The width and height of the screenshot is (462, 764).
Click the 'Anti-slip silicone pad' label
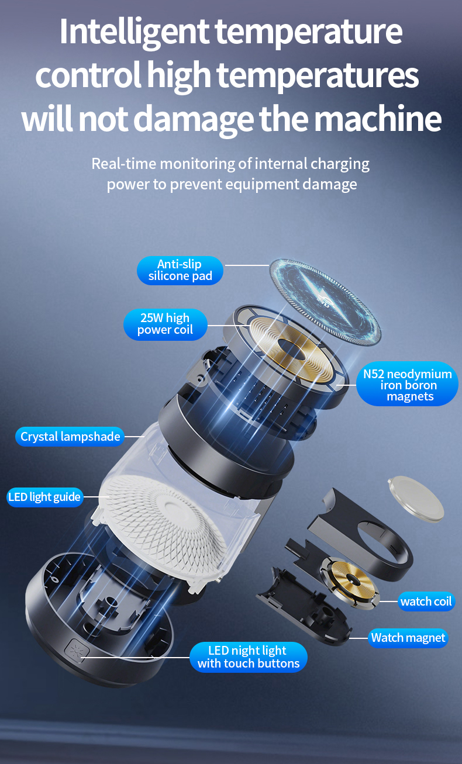pyautogui.click(x=180, y=270)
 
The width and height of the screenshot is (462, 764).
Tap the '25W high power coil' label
pyautogui.click(x=165, y=324)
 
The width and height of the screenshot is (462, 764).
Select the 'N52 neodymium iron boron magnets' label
pyautogui.click(x=408, y=384)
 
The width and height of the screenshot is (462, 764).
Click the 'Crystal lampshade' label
pyautogui.click(x=70, y=437)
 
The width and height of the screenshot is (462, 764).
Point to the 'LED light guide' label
pyautogui.click(x=44, y=497)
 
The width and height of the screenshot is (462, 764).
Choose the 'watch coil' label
pyautogui.click(x=426, y=601)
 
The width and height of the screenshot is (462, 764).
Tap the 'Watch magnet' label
pyautogui.click(x=408, y=638)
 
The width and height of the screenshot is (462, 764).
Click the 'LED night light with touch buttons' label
pyautogui.click(x=249, y=657)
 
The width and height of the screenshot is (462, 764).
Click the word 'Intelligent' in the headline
pyautogui.click(x=134, y=32)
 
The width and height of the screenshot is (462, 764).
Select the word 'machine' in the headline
pyautogui.click(x=377, y=118)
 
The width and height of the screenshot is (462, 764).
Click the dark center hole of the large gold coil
pyautogui.click(x=291, y=349)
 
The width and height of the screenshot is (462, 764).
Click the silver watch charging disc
pyautogui.click(x=416, y=499)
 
